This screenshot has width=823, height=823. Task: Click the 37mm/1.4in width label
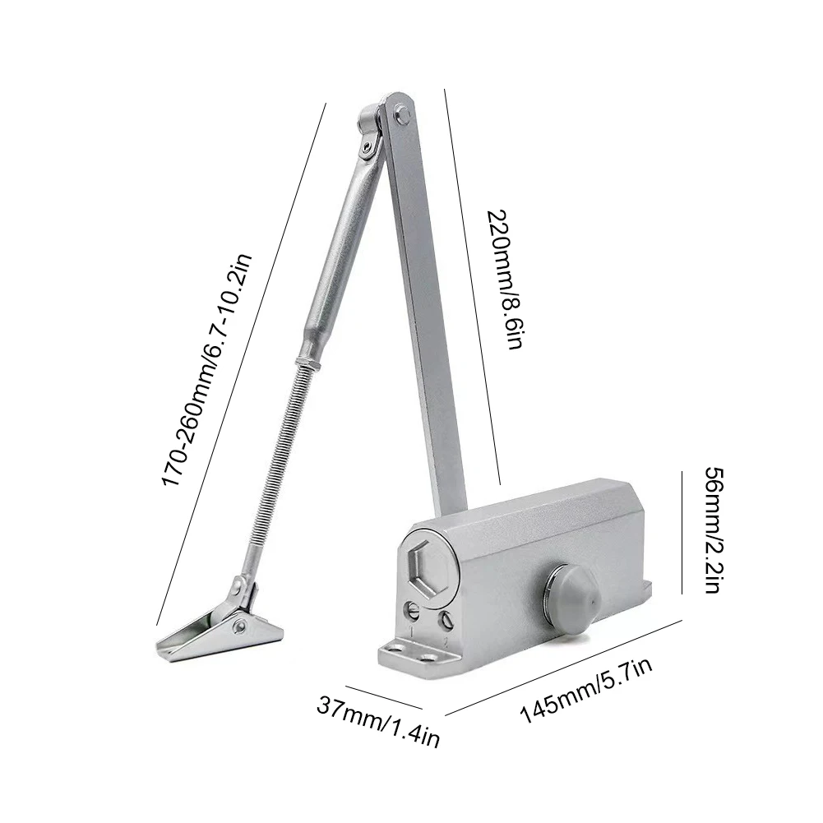point(377,720)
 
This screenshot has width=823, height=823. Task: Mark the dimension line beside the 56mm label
point(682,531)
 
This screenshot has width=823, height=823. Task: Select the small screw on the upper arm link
point(362,148)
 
